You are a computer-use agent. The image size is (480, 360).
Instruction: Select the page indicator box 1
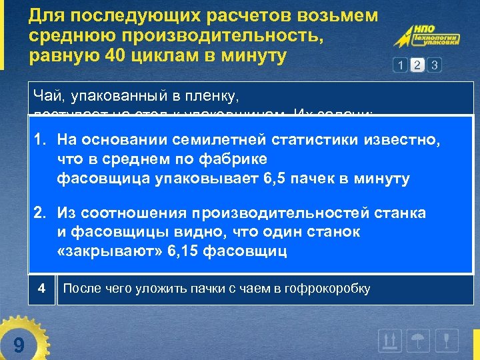click(400, 65)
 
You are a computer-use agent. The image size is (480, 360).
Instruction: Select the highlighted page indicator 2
click(417, 65)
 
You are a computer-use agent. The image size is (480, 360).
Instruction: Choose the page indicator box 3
click(435, 65)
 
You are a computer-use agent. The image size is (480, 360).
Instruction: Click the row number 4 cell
click(41, 289)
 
